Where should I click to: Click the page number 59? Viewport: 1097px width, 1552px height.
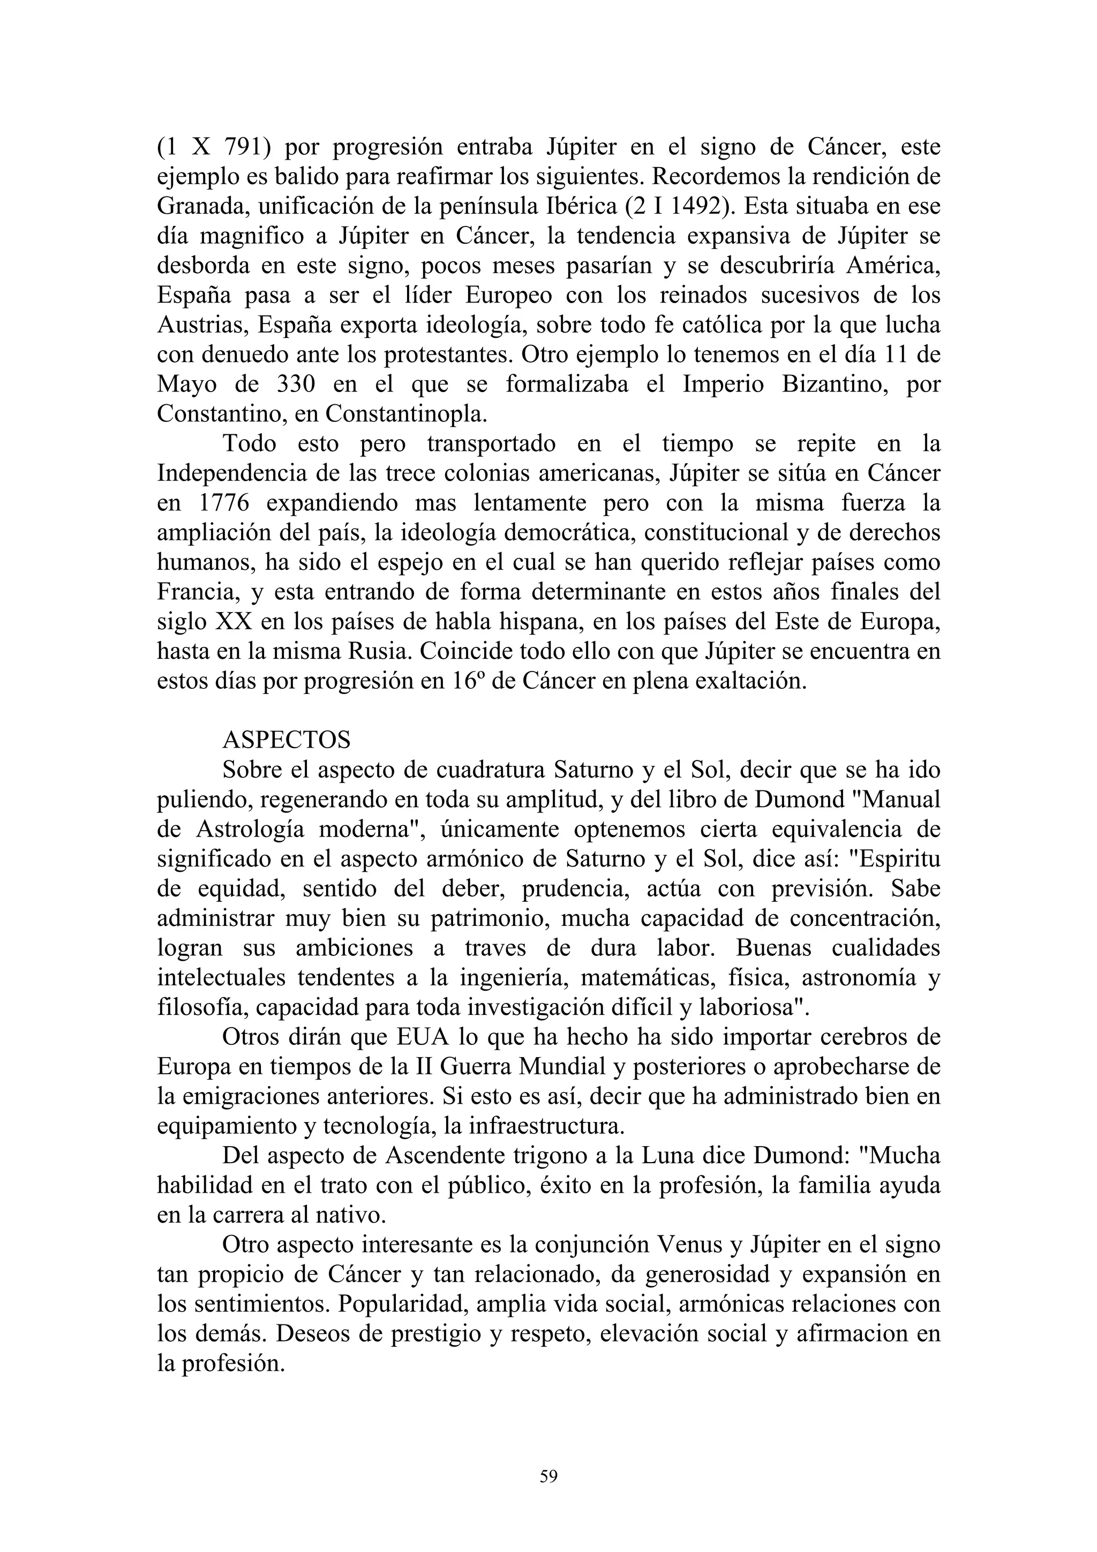tap(548, 1477)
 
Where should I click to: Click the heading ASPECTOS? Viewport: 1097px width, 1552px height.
tap(287, 740)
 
